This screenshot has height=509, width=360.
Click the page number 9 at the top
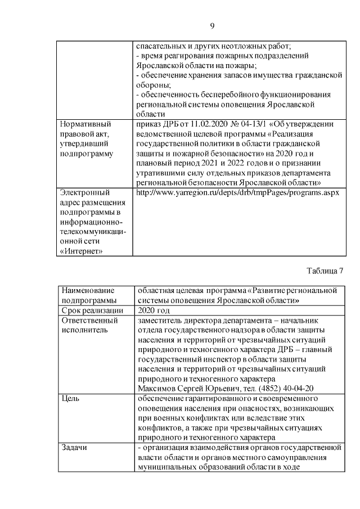(213, 26)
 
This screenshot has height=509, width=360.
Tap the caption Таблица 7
(325, 271)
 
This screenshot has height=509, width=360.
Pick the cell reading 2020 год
(154, 310)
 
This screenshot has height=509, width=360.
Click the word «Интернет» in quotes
(80, 251)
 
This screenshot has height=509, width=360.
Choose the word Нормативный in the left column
(85, 124)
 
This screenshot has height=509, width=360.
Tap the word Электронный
(84, 192)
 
